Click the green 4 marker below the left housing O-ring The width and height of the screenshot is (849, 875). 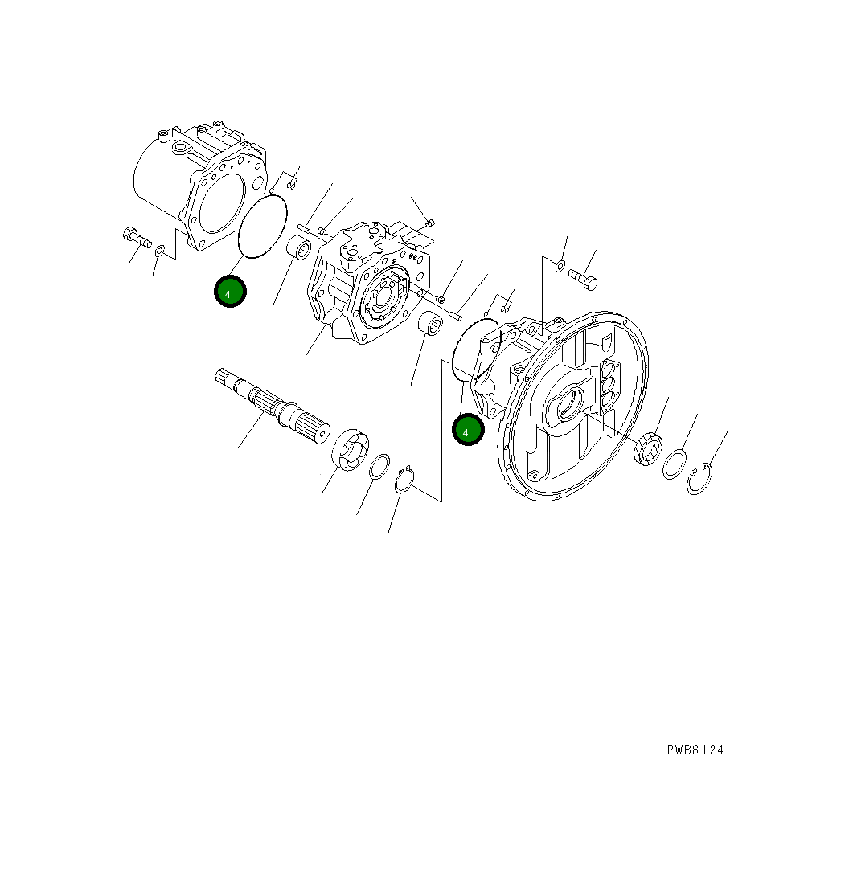pos(229,292)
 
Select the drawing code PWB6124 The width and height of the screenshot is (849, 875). pos(695,750)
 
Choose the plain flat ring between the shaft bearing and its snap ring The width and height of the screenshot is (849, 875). pos(379,467)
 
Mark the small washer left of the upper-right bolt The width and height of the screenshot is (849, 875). pos(560,265)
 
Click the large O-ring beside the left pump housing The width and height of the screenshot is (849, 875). pos(263,227)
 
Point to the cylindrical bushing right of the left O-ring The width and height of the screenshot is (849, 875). pos(300,248)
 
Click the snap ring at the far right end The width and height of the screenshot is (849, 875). pos(699,480)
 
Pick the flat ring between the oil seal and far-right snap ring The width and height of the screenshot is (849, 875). pos(674,465)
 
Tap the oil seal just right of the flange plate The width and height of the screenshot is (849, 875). pos(647,448)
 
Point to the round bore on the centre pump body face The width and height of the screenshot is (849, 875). pos(386,295)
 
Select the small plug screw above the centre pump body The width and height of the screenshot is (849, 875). pos(430,223)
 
